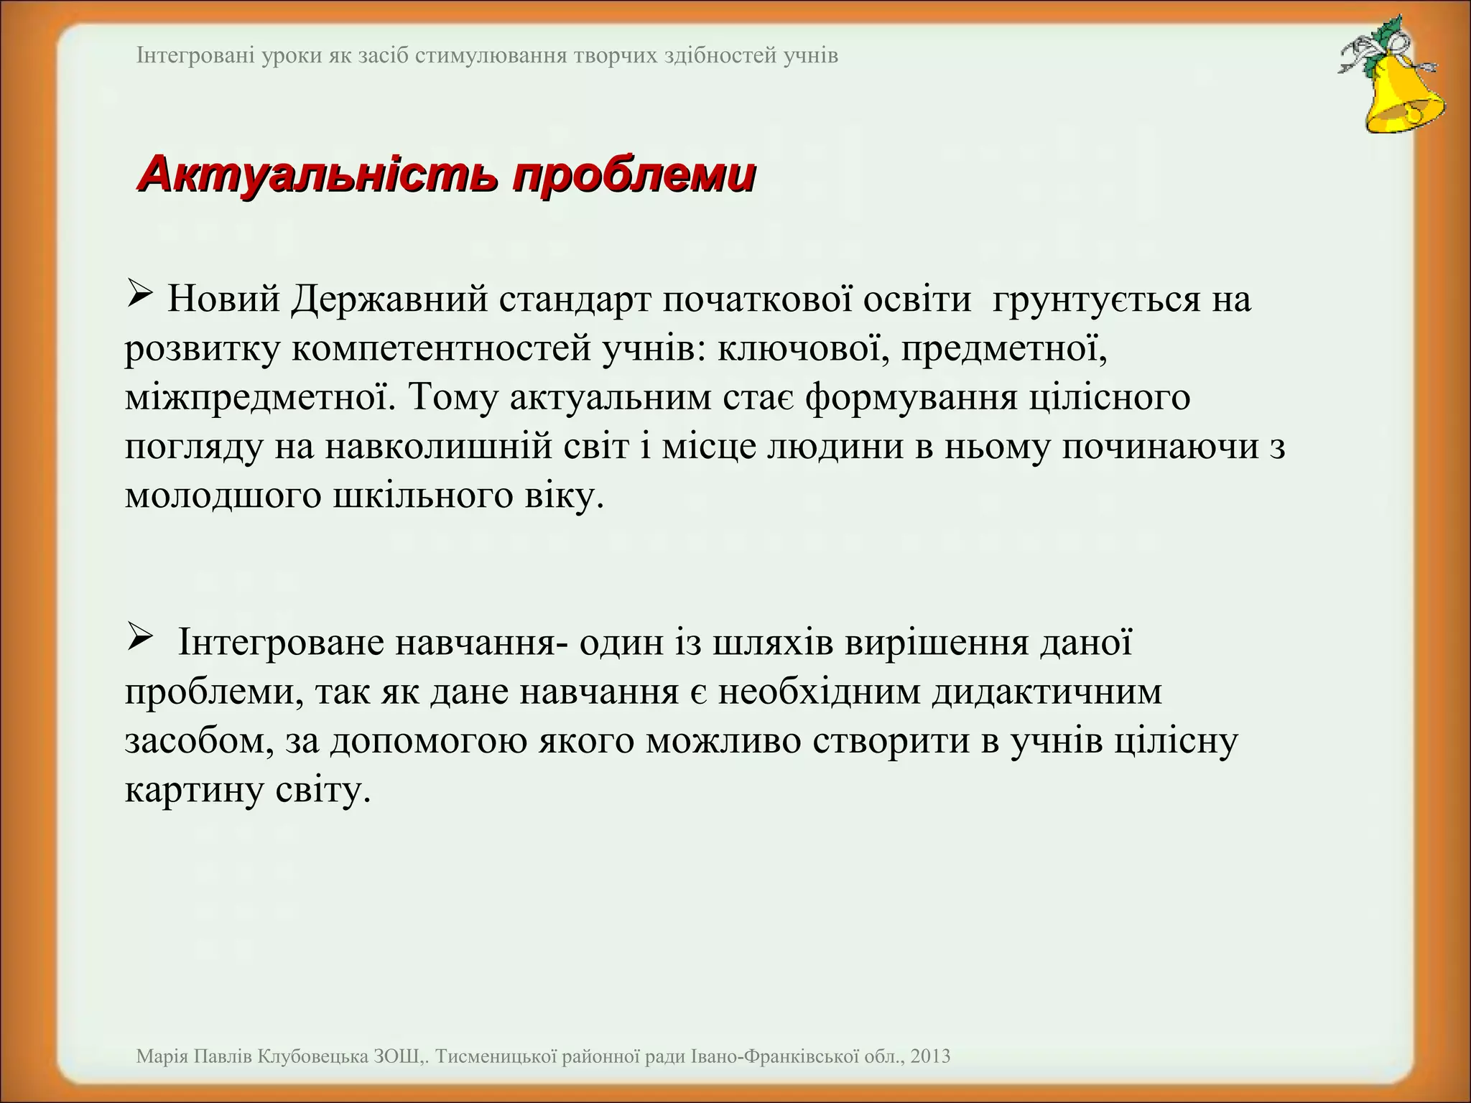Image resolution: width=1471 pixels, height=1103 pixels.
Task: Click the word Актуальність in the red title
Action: [316, 175]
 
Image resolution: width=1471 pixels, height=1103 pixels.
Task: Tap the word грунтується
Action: [1096, 299]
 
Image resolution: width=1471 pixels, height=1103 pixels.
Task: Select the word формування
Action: [911, 398]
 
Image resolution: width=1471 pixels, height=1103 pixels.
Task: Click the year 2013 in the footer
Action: [930, 1056]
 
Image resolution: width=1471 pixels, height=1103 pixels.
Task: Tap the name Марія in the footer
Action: [163, 1056]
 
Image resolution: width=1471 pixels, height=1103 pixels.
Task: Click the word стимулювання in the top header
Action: [491, 55]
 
